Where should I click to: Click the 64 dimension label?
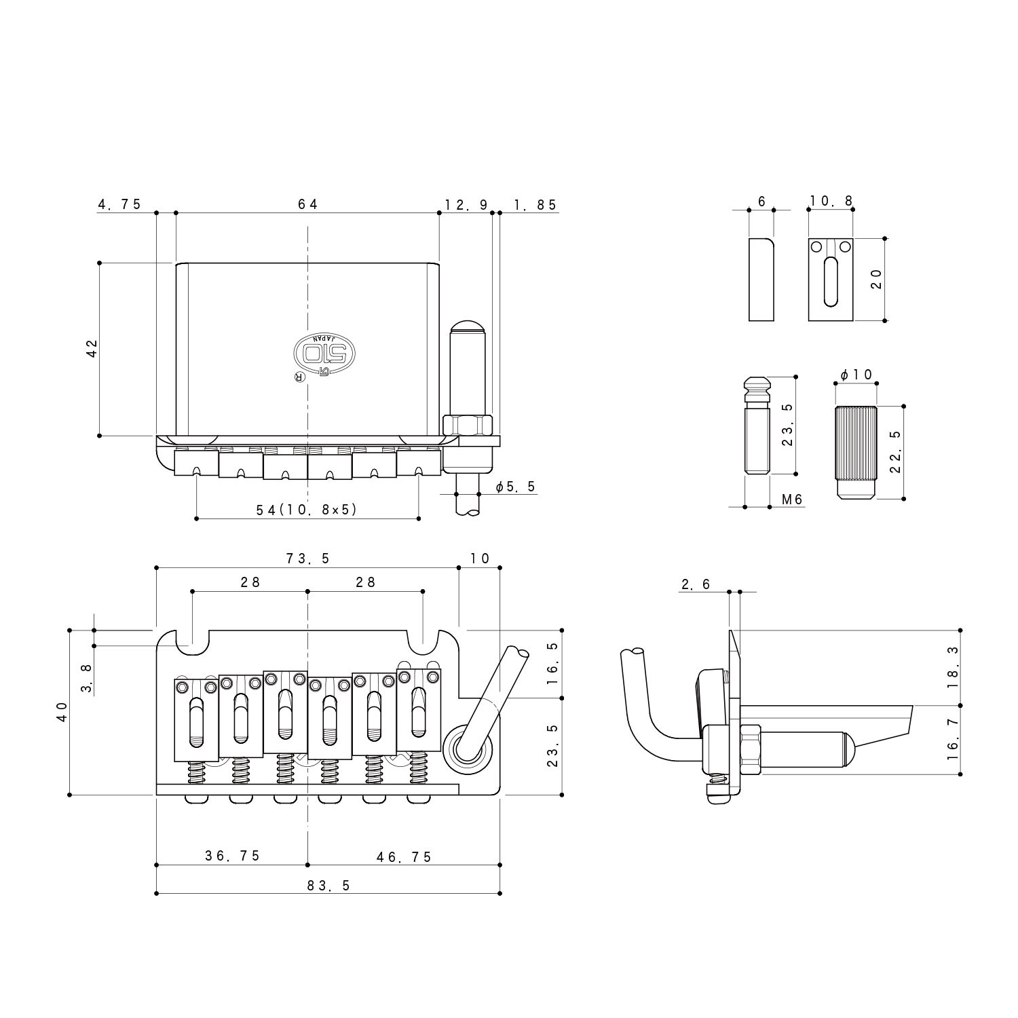coord(307,204)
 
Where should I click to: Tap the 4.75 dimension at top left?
coord(120,204)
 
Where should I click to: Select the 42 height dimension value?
coord(92,348)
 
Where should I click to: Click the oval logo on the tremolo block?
coord(324,352)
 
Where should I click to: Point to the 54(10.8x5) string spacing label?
coord(307,510)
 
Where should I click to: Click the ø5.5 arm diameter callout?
coord(516,487)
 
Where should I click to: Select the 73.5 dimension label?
coord(307,559)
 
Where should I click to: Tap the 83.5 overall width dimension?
coord(328,886)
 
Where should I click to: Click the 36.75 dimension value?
coord(233,856)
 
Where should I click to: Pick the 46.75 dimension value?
coord(404,856)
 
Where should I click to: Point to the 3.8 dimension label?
coord(86,678)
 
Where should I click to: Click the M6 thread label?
coord(792,499)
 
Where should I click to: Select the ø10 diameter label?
coord(856,375)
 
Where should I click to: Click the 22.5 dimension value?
coord(895,451)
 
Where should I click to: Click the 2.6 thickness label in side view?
coord(696,584)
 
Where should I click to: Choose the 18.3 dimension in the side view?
coord(954,666)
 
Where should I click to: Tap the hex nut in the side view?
coord(751,751)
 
